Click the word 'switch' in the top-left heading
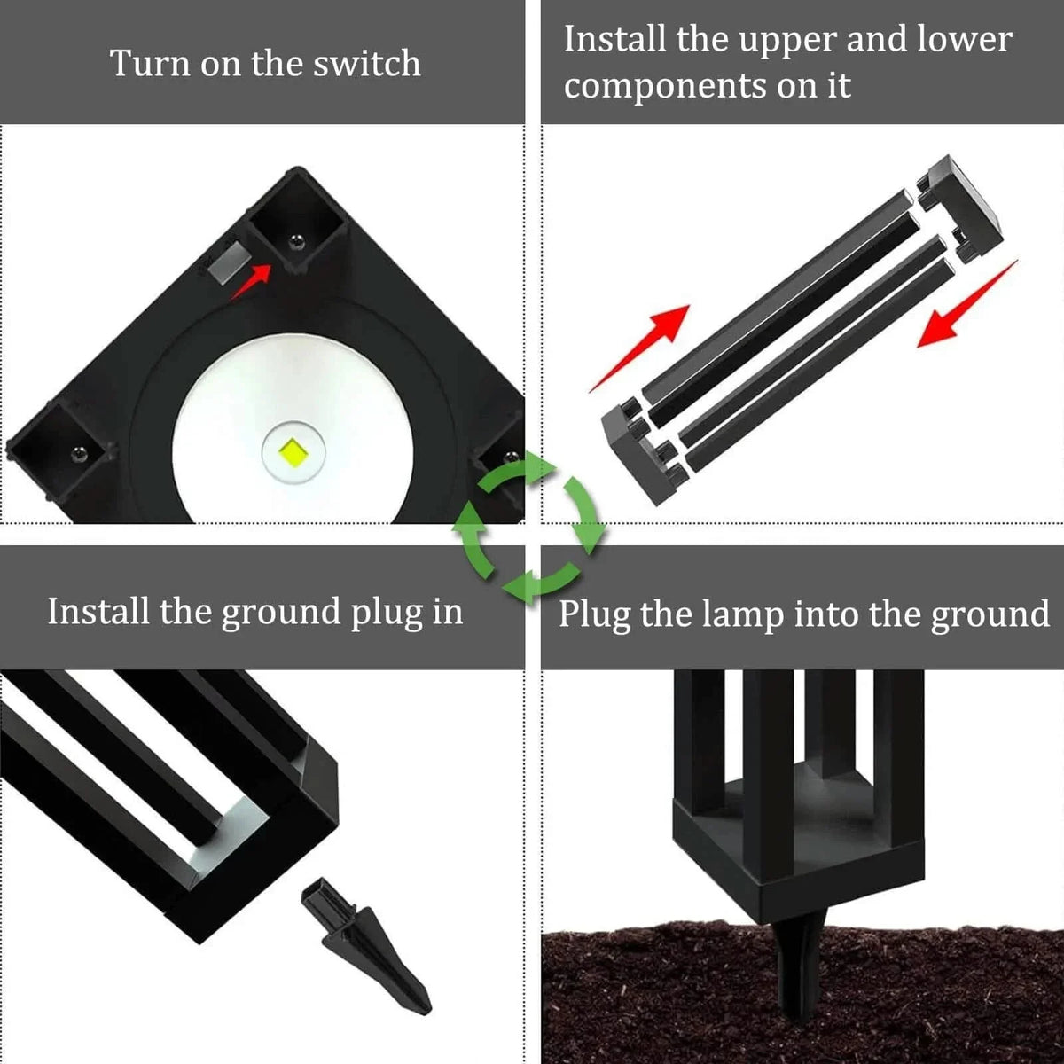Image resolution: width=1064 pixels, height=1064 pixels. [x=372, y=64]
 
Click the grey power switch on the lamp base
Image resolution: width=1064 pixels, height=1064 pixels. [x=229, y=262]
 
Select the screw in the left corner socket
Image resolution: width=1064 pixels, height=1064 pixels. [x=78, y=454]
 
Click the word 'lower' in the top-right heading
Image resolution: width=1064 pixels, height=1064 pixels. [x=966, y=40]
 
